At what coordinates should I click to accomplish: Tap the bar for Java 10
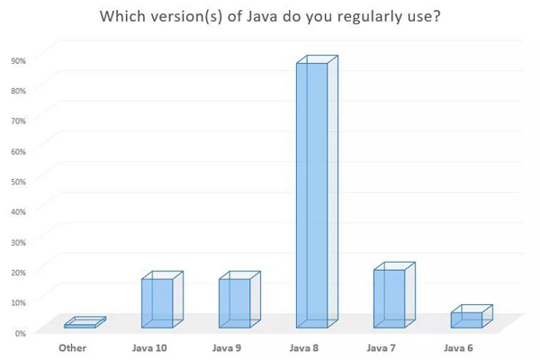(x=158, y=302)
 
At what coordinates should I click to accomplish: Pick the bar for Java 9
(x=236, y=302)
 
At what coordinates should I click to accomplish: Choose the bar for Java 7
(x=391, y=297)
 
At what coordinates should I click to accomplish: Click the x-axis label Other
(x=73, y=346)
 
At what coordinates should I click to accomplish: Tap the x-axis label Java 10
(x=150, y=346)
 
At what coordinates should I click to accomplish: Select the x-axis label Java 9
(x=227, y=346)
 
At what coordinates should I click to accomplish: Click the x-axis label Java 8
(x=304, y=346)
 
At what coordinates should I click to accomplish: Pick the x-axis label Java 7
(x=382, y=346)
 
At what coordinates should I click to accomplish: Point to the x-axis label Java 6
(x=459, y=346)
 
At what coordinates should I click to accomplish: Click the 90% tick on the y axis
(x=18, y=60)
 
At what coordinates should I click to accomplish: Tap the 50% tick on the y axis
(x=18, y=182)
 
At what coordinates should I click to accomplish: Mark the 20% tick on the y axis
(x=18, y=273)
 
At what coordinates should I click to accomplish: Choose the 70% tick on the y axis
(x=18, y=121)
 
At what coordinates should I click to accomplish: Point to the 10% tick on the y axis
(x=18, y=302)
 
